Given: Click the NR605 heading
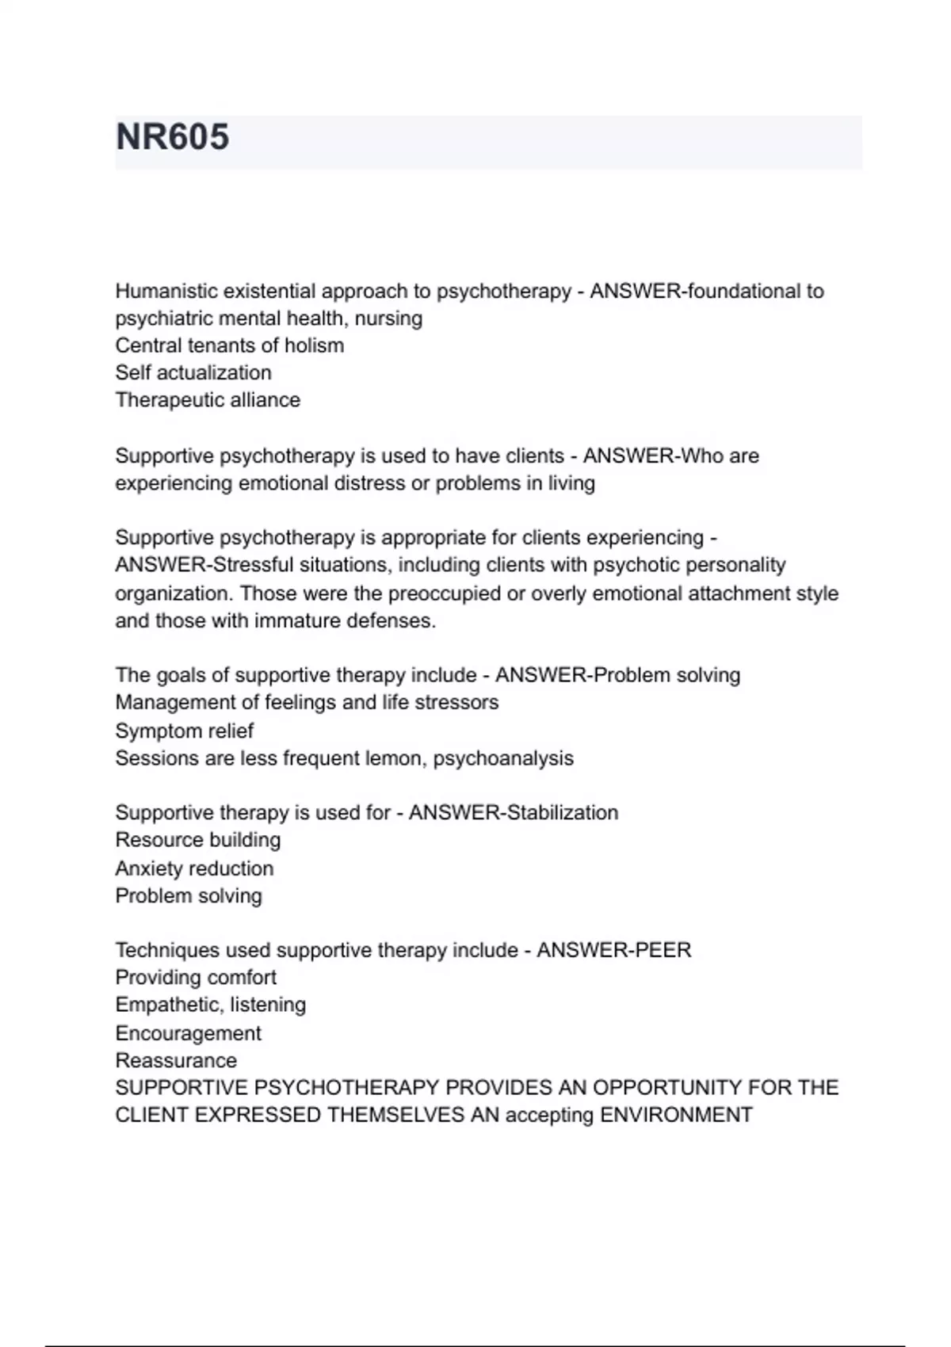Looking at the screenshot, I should pos(173,137).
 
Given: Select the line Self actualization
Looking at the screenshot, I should pos(193,372).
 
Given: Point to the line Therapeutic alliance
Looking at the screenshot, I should pos(208,400).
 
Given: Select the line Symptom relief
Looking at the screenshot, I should pos(184,731).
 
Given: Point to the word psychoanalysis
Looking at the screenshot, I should pos(503,758).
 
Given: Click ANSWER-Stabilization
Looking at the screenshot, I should pos(514,813).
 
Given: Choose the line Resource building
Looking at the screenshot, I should pos(198,840).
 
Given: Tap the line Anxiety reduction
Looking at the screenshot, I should pos(194,868).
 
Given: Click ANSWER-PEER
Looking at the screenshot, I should pos(613,950).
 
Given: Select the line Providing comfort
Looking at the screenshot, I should pos(196,978).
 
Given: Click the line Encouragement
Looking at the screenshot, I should pos(188,1033).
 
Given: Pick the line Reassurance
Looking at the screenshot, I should pos(176,1060).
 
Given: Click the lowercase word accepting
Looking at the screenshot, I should pos(549,1116).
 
